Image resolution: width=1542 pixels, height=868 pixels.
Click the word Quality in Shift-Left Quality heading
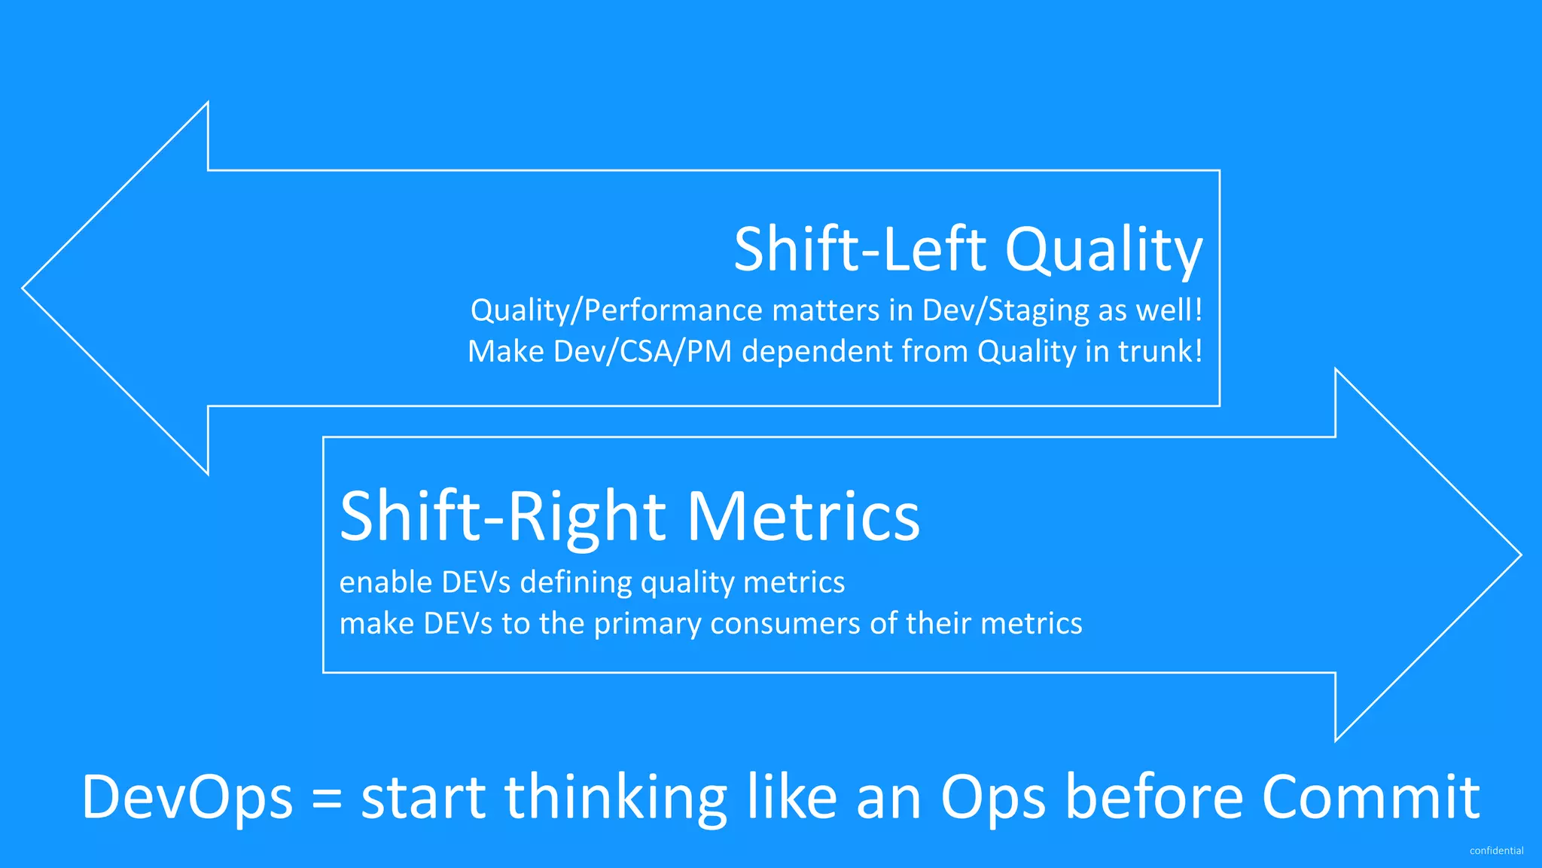click(x=1104, y=250)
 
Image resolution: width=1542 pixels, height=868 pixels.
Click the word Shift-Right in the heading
click(x=503, y=516)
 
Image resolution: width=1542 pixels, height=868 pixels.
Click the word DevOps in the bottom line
click(x=187, y=797)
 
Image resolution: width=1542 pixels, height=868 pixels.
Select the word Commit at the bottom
click(x=1370, y=797)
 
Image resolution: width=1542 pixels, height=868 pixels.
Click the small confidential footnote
click(x=1496, y=851)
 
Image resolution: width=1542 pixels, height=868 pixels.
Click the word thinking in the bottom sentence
click(x=615, y=797)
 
